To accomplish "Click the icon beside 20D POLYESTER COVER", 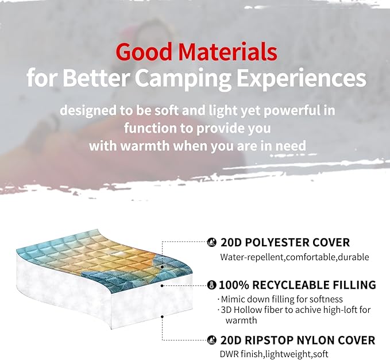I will point(211,243).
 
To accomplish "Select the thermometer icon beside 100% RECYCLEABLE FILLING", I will point(211,285).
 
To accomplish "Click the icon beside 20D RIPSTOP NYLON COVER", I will point(211,340).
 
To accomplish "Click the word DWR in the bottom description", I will point(229,354).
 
